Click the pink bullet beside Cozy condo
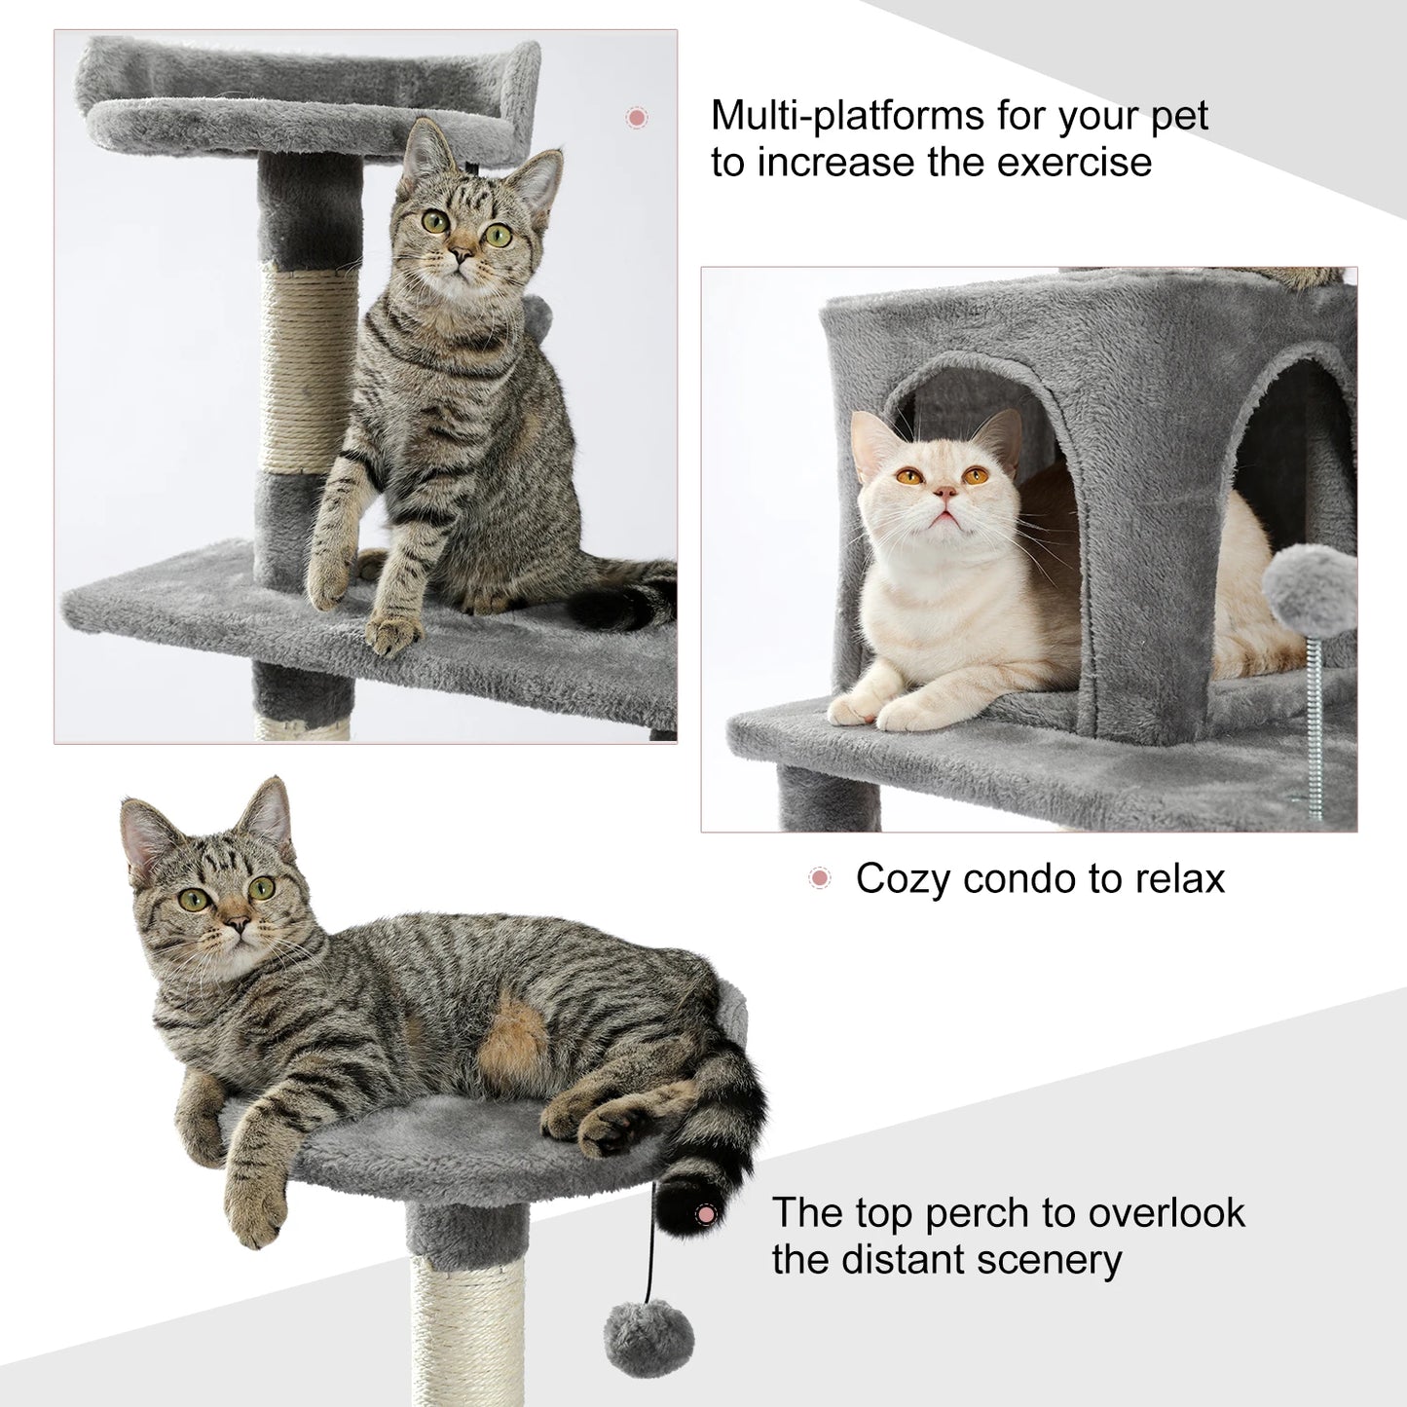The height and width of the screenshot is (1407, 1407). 820,878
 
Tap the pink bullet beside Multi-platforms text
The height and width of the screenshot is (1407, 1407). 637,118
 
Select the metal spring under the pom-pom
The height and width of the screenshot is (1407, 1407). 1316,725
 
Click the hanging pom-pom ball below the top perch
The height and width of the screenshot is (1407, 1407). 648,1338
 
